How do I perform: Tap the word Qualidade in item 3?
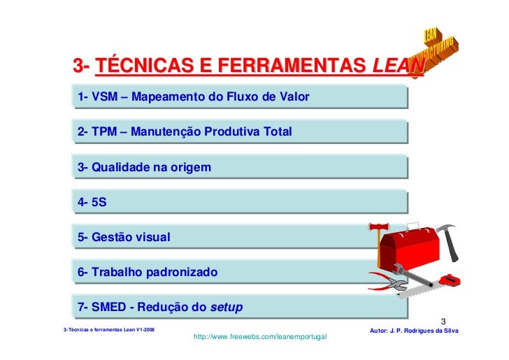click(x=120, y=168)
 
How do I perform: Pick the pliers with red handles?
click(x=387, y=283)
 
